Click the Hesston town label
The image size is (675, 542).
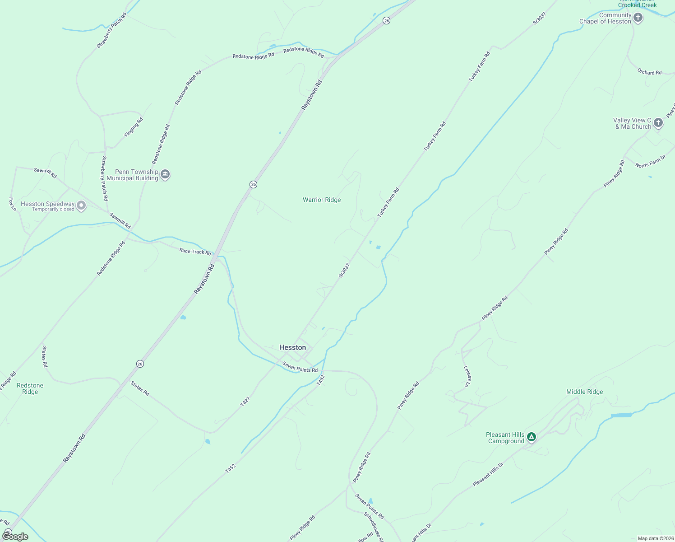click(x=292, y=347)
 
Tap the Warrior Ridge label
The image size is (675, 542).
click(x=322, y=200)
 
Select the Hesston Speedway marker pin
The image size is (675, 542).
click(x=81, y=206)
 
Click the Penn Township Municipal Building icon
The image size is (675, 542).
click(x=165, y=174)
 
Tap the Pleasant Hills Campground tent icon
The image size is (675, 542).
click(x=532, y=437)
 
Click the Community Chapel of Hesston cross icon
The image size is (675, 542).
click(x=638, y=18)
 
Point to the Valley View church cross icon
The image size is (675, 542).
click(x=658, y=122)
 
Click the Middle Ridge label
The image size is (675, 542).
click(x=584, y=392)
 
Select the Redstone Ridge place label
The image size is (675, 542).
click(x=30, y=388)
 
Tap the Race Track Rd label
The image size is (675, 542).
click(x=195, y=251)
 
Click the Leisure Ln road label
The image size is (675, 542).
click(x=467, y=376)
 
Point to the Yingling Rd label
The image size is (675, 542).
click(x=134, y=127)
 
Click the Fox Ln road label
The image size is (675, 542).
click(x=13, y=204)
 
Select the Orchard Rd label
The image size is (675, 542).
click(x=649, y=72)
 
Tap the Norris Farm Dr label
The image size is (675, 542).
click(x=650, y=162)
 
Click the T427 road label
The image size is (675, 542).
click(x=245, y=402)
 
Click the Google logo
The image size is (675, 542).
click(x=15, y=537)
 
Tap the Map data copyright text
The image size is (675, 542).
click(x=655, y=538)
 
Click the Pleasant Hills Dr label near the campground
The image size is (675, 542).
click(x=488, y=474)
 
